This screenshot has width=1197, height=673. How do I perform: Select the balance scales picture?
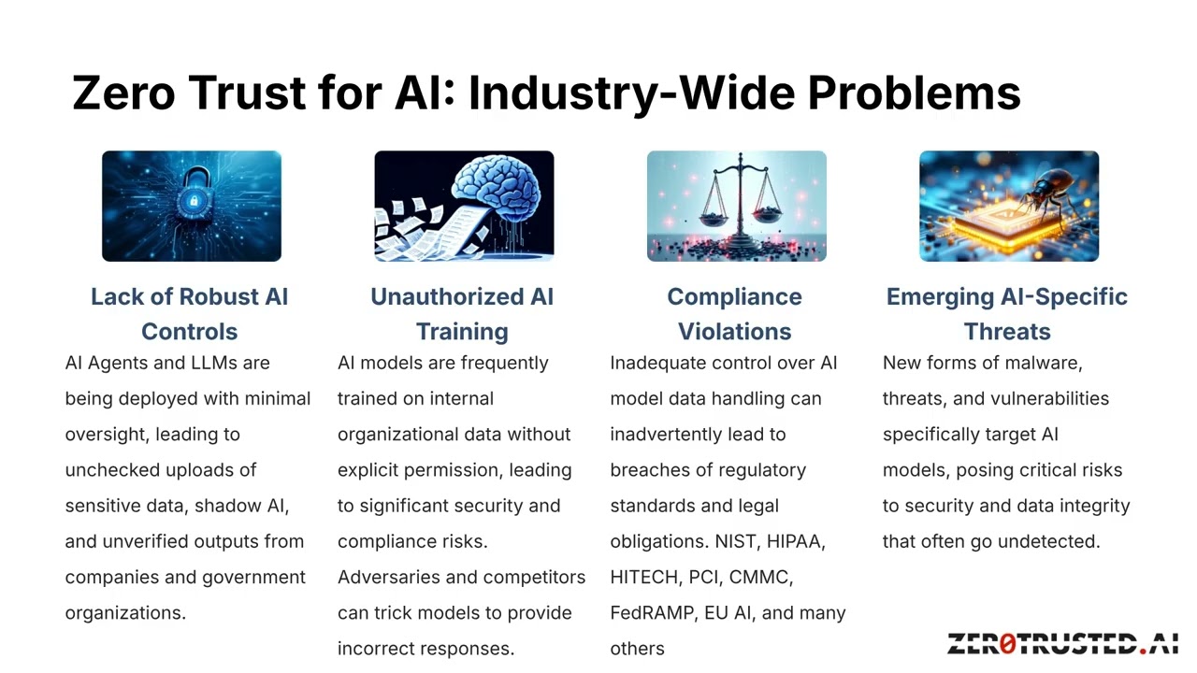(x=736, y=206)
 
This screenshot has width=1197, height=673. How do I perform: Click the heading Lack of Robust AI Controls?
(x=190, y=314)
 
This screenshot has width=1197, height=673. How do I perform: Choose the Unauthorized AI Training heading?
(x=462, y=314)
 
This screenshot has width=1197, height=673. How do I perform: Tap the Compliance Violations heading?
(x=734, y=314)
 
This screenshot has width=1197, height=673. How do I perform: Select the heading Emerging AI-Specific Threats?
(x=1007, y=314)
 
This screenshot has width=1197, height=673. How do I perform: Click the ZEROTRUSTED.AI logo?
(x=1062, y=643)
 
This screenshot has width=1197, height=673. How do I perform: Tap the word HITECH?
(x=644, y=577)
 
